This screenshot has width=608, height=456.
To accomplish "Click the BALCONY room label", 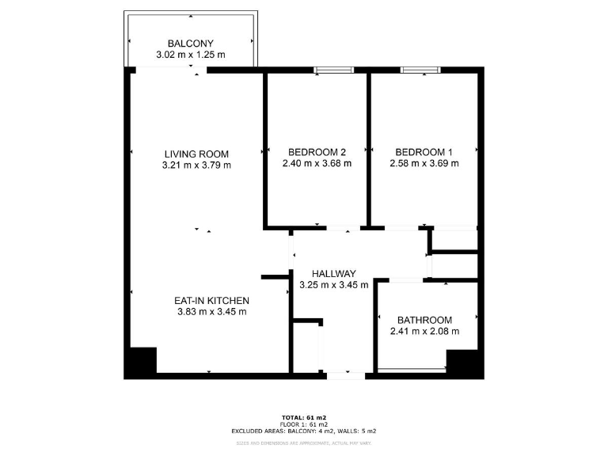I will [190, 44].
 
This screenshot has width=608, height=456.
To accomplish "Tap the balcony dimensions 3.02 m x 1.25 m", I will [190, 55].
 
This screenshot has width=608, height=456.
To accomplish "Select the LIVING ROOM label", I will [196, 154].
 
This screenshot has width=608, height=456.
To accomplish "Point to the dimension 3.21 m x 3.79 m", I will [196, 165].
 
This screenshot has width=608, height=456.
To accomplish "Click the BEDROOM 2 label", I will [317, 152].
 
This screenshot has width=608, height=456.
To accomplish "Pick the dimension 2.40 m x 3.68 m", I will [317, 164].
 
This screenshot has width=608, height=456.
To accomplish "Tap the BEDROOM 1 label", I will [424, 152].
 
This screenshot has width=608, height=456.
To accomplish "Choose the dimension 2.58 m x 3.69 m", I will [424, 164].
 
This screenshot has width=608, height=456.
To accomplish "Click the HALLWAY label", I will [333, 273].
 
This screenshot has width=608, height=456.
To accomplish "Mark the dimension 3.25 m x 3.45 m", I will [333, 285].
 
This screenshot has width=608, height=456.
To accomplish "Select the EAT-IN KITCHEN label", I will [212, 301].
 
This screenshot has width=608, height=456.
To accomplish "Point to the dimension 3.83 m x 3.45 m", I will [212, 312].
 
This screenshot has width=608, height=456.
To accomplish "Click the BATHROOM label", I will [424, 320].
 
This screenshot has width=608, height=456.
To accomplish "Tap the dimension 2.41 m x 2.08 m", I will [424, 332].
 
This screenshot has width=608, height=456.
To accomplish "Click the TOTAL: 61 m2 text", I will [304, 417].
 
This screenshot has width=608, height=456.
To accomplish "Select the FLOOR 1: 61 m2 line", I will [304, 424].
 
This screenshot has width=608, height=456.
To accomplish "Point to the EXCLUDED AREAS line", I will [304, 431].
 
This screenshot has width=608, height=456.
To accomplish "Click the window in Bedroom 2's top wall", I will [333, 70].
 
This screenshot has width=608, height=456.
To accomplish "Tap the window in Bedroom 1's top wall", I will [420, 70].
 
